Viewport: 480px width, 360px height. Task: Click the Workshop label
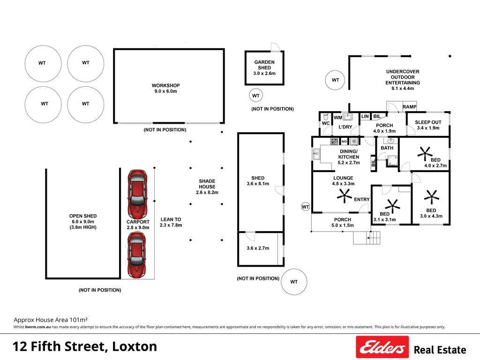click(x=165, y=85)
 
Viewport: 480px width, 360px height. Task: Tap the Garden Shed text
click(x=264, y=65)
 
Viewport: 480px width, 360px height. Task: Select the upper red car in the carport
click(x=137, y=194)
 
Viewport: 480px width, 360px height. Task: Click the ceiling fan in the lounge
click(x=345, y=195)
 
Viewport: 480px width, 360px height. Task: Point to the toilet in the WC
click(x=325, y=117)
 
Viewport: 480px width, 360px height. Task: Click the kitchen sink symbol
click(x=316, y=154)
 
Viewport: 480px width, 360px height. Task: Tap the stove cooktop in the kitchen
click(x=334, y=141)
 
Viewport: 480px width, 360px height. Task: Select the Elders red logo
click(x=382, y=347)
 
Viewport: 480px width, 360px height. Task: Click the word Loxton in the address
click(x=135, y=346)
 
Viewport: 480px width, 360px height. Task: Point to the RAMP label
click(x=409, y=106)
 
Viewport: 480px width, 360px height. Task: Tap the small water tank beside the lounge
click(x=306, y=207)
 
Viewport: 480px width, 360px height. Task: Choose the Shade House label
click(x=207, y=184)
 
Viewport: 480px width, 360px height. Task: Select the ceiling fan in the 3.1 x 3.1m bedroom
click(x=392, y=206)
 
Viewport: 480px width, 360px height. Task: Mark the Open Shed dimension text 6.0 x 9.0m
click(x=83, y=221)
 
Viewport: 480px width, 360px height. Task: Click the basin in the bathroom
click(x=391, y=141)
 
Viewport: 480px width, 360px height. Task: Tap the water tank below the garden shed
click(x=256, y=96)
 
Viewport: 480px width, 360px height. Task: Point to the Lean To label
click(x=171, y=219)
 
